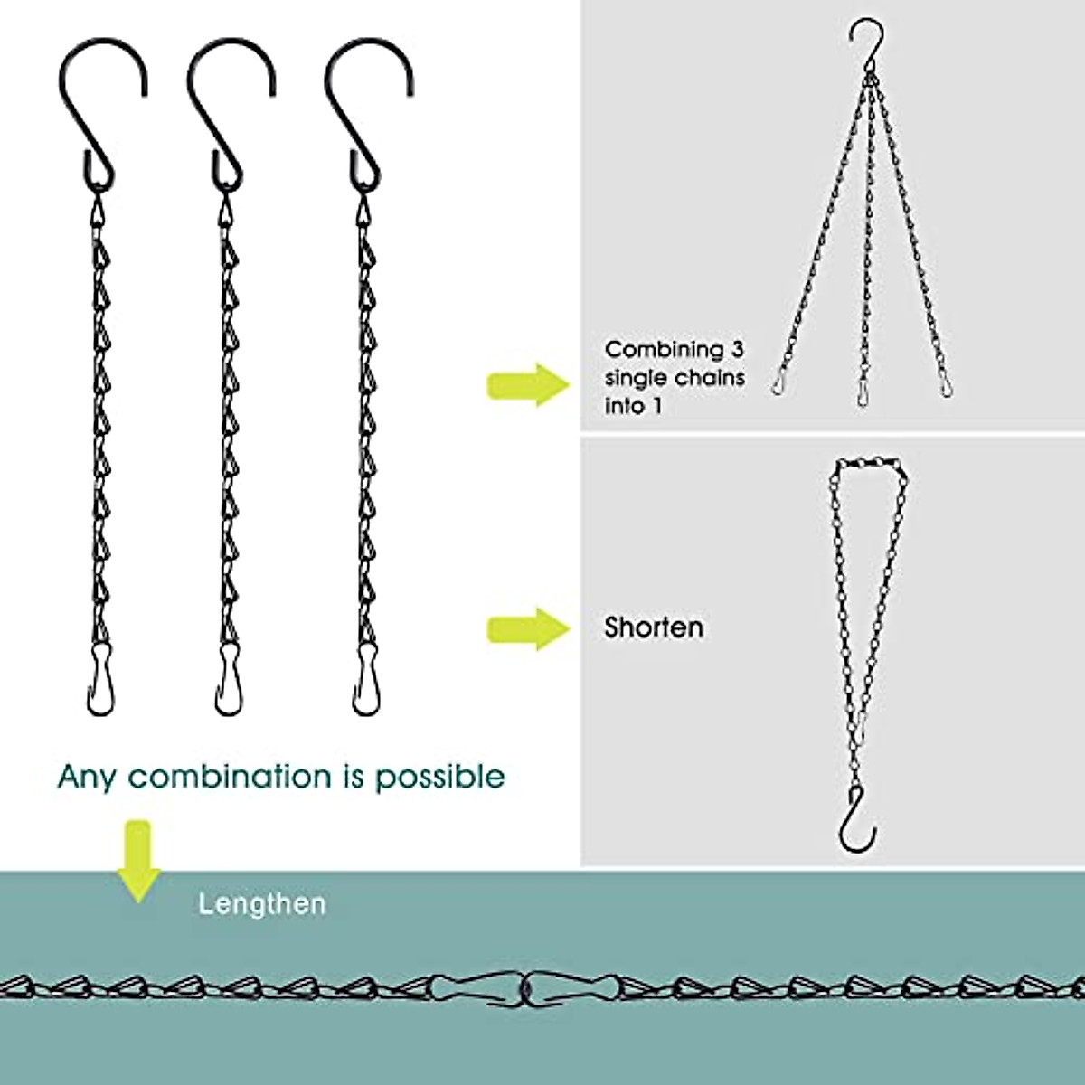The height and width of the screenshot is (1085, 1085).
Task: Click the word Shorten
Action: pyautogui.click(x=654, y=627)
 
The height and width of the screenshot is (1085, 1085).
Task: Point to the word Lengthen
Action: pyautogui.click(x=262, y=904)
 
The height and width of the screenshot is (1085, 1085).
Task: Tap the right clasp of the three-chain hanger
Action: pyautogui.click(x=946, y=383)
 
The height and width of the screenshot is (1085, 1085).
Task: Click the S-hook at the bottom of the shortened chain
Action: pyautogui.click(x=856, y=819)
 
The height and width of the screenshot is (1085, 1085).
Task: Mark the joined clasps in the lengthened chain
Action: pyautogui.click(x=524, y=987)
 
